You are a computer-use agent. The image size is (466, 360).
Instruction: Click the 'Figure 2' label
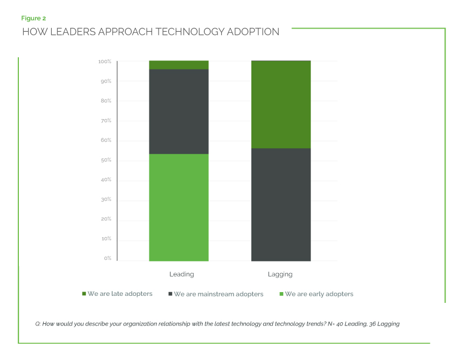pos(33,18)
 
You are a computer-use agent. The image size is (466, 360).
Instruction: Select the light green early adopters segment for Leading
pos(179,207)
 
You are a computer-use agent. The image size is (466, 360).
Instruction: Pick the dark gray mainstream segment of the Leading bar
pos(179,112)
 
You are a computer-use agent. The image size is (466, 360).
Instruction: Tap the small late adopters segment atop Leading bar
pos(179,65)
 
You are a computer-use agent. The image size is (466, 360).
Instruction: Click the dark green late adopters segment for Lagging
pos(280,105)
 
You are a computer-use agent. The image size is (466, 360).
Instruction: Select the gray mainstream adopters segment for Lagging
pos(280,205)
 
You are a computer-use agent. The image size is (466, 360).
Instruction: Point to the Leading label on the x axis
pos(181,274)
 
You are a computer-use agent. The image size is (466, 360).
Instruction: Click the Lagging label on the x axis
pos(280,274)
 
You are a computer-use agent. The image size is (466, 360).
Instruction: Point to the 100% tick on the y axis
pos(105,62)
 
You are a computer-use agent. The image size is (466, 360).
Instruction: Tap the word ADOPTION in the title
pos(255,32)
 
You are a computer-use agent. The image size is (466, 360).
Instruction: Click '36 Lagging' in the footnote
pos(383,324)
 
